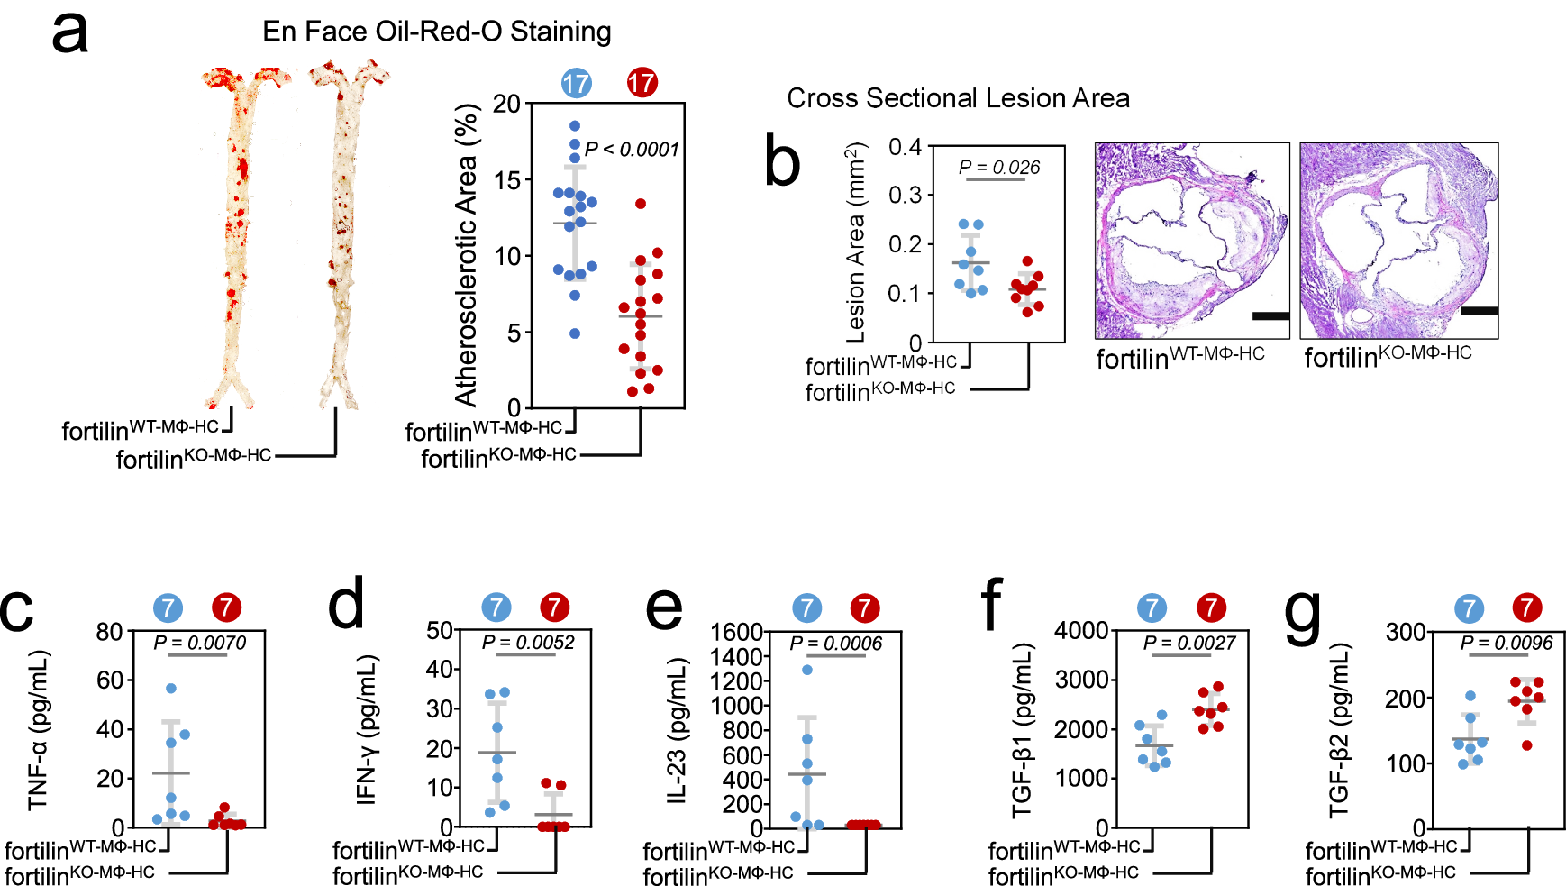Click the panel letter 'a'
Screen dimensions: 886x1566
pos(69,34)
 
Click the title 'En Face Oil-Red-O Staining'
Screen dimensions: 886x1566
pos(436,32)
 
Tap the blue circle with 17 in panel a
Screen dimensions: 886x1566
pos(577,84)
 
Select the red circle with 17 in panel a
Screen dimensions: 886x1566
pos(642,84)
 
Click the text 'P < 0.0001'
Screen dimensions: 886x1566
pos(632,150)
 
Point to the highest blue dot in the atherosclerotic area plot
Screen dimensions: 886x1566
pos(575,126)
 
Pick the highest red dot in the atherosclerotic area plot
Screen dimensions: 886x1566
pos(641,204)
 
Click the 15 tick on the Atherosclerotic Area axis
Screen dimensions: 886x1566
pos(507,180)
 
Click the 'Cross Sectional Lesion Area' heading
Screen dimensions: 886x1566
pos(958,98)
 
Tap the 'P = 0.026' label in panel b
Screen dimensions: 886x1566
pos(999,168)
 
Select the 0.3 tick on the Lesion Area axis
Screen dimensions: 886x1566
pos(905,196)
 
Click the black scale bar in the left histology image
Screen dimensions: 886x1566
pos(1270,316)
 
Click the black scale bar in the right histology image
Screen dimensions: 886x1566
pos(1479,311)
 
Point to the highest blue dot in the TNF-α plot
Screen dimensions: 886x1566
pos(171,689)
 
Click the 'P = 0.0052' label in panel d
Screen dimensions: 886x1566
pos(528,643)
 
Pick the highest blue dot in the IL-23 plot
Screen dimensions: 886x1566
pos(807,670)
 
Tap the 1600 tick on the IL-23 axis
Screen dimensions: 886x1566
pos(736,633)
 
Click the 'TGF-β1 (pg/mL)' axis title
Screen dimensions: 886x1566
pos(1022,730)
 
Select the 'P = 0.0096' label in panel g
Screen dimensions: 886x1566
pos(1507,644)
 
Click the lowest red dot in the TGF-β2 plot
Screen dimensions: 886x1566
pos(1526,745)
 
